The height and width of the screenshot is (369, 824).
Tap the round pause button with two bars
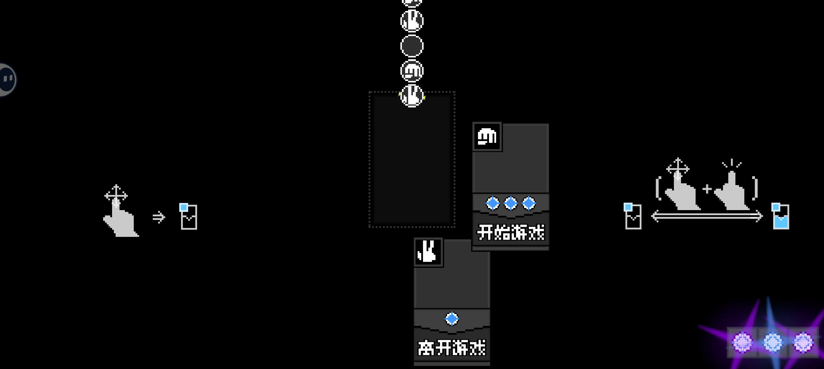[7, 79]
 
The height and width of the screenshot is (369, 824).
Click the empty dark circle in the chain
[412, 46]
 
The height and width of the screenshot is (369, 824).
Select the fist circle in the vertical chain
[412, 71]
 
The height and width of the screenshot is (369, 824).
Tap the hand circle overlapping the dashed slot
[412, 96]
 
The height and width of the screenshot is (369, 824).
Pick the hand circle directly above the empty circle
[412, 21]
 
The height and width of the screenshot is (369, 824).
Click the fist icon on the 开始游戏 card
[487, 137]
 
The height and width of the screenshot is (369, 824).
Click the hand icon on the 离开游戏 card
[428, 252]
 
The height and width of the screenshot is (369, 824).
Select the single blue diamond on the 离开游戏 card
[452, 319]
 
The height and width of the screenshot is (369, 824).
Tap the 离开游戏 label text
[452, 348]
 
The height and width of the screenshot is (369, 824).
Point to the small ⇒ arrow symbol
[159, 217]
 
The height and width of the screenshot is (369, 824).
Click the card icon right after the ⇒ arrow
[188, 217]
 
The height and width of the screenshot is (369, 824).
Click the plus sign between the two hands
[707, 189]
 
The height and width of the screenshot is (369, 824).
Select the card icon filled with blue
[781, 217]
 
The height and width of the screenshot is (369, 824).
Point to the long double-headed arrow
[707, 217]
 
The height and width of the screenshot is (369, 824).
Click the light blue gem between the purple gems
[773, 342]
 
